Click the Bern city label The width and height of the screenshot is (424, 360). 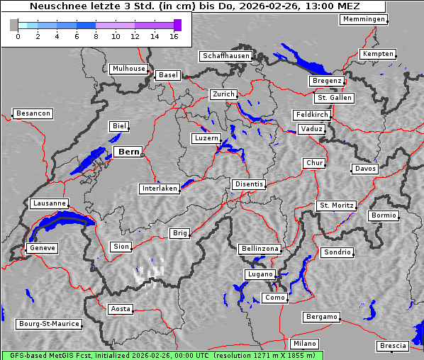(x=128, y=152)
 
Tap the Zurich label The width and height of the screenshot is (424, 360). (x=223, y=94)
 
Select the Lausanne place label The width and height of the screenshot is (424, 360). (x=49, y=203)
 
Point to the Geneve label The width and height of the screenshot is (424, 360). (x=42, y=248)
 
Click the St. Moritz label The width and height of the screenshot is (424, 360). (x=336, y=206)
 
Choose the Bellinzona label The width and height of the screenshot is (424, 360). (x=260, y=249)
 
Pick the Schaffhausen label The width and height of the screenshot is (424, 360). (x=225, y=55)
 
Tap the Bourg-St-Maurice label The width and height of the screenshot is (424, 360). (x=49, y=324)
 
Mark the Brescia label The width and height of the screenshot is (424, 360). (x=393, y=346)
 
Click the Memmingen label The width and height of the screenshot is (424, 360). (x=364, y=19)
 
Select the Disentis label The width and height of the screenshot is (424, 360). (x=248, y=184)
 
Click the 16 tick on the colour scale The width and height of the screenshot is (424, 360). (x=174, y=37)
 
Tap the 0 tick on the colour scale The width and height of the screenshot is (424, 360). (x=18, y=37)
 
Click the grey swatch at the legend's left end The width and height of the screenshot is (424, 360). (x=13, y=25)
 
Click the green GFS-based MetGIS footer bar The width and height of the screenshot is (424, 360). (x=162, y=355)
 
